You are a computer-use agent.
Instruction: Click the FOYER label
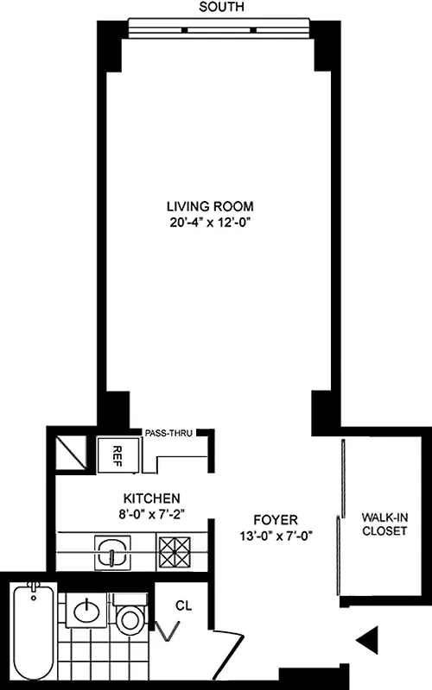point(276,520)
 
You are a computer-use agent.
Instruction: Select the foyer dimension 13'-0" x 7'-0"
point(276,536)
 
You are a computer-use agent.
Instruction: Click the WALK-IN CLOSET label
point(384,524)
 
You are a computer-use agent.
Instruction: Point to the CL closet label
point(184,605)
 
